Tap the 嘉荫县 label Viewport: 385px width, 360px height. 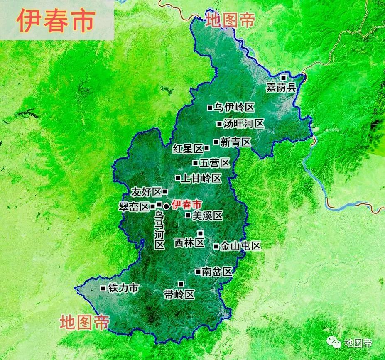281,88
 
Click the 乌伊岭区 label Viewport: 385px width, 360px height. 234,108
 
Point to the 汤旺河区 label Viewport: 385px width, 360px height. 244,124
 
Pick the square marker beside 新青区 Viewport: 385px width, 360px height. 216,142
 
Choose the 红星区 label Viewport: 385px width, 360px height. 188,149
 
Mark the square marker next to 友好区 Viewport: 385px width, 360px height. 165,191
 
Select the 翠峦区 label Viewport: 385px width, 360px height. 133,207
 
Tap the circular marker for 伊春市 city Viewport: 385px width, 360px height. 166,206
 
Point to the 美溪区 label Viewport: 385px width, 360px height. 208,216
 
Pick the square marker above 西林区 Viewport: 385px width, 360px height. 200,233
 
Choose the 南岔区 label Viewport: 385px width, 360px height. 216,272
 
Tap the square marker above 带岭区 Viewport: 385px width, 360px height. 181,284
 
